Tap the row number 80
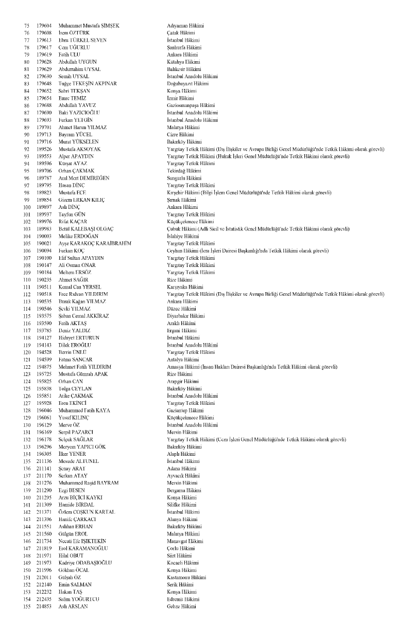(26, 62)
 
